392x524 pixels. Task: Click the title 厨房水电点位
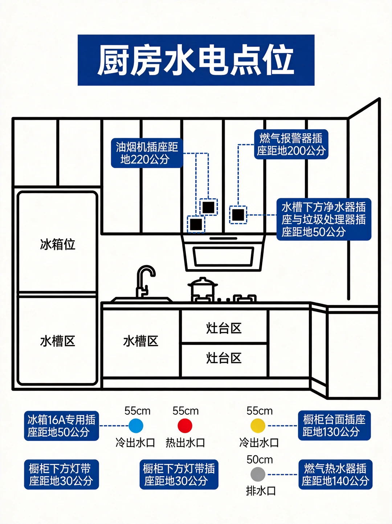(x=196, y=60)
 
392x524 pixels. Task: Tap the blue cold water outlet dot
(x=136, y=426)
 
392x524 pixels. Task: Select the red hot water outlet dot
(x=185, y=426)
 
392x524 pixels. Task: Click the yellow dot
(x=258, y=426)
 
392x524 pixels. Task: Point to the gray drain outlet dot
(x=258, y=474)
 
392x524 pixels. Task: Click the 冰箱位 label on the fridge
(x=58, y=244)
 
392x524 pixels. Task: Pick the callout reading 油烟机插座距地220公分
(x=147, y=153)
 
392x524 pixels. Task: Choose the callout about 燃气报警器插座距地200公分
(x=291, y=144)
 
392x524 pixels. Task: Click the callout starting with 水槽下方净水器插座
(x=324, y=219)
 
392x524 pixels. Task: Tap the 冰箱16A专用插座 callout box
(x=61, y=426)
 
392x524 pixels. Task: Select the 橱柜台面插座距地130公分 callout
(x=334, y=426)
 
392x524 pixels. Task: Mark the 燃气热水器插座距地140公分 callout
(x=335, y=474)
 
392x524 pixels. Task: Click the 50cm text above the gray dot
(x=260, y=459)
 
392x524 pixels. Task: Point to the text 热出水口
(x=185, y=443)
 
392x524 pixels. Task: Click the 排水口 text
(x=261, y=491)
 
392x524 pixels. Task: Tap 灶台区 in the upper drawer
(x=224, y=328)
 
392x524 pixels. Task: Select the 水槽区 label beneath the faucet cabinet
(x=141, y=341)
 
